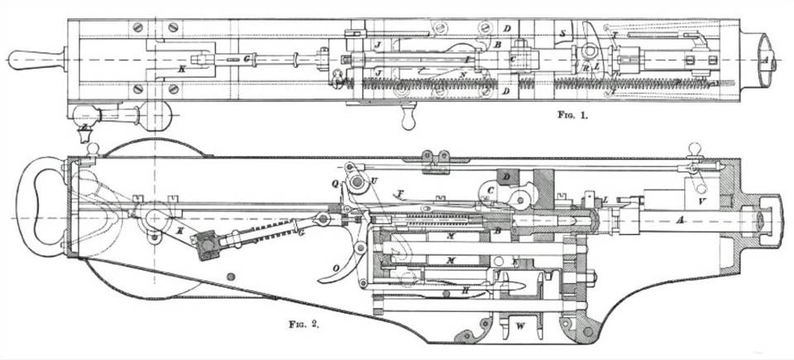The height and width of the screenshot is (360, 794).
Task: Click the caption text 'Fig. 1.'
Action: [571, 117]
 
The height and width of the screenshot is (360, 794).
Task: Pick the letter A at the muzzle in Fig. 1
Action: [763, 60]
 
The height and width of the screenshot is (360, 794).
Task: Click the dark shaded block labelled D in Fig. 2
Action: [505, 180]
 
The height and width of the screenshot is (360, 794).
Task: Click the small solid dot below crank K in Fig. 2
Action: [230, 277]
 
